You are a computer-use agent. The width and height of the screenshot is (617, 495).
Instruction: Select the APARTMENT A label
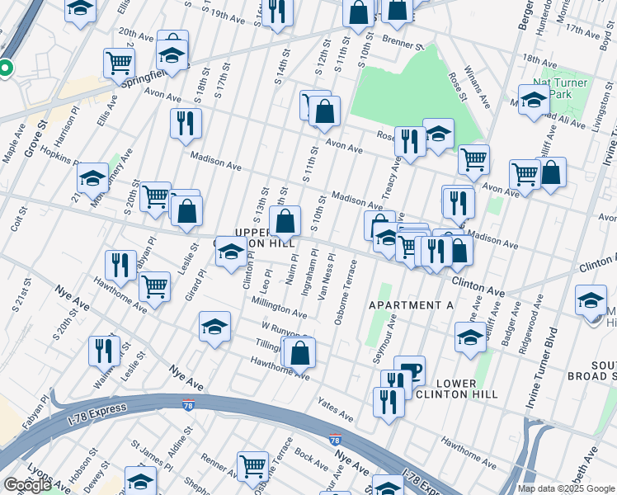411,305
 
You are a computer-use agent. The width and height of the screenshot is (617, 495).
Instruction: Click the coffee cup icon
409,370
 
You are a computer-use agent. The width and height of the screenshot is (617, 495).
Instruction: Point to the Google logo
27,485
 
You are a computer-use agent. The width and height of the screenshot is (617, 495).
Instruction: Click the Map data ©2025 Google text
566,488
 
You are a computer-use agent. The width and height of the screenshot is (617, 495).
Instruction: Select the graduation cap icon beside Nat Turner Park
534,101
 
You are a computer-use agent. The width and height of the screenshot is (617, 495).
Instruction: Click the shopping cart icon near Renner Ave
252,465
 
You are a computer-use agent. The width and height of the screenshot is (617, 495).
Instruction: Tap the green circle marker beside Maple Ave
5,69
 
